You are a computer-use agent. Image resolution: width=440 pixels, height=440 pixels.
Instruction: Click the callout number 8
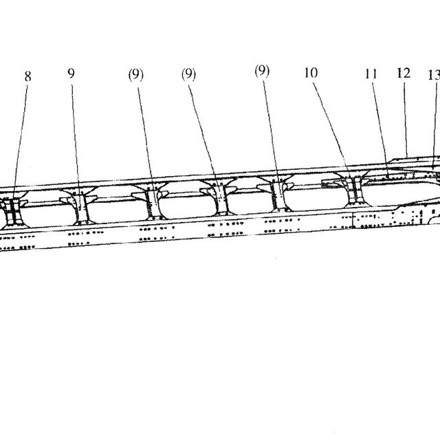pos(27,76)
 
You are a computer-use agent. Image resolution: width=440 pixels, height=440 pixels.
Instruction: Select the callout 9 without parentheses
pos(71,74)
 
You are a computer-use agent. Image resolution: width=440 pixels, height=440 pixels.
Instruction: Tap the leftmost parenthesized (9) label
pos(136,75)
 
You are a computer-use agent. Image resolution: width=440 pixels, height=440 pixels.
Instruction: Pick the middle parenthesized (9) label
pos(188,74)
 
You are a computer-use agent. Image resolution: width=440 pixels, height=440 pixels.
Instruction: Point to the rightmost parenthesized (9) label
pos(262,71)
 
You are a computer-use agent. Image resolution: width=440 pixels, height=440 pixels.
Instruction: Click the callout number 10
pos(311,73)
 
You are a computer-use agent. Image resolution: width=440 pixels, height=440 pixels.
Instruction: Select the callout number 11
pos(371,74)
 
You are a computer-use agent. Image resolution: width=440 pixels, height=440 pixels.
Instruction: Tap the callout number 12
pos(404,73)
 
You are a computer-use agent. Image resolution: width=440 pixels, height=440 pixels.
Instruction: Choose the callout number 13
pos(434,75)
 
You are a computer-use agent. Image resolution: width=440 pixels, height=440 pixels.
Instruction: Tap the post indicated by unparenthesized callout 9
pos(81,208)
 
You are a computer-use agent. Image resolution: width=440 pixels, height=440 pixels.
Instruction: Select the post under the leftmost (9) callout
pos(153,203)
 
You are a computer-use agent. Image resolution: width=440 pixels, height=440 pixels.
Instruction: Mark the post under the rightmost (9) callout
pos(278,195)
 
